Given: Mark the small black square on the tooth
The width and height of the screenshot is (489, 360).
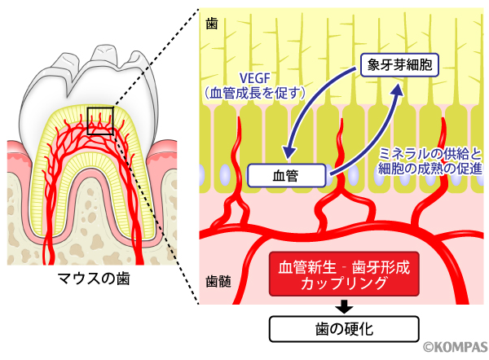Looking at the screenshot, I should pos(100,120).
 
